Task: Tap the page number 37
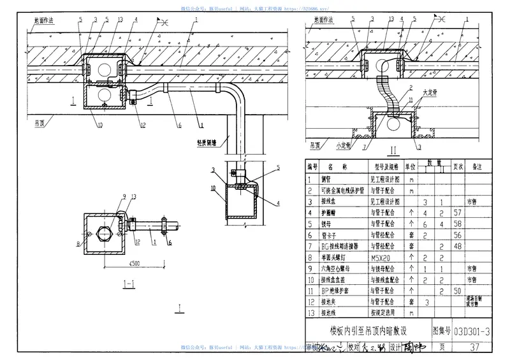coord(473,347)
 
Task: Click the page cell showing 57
coord(456,212)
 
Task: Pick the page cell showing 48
coord(456,247)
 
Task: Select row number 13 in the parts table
coord(311,313)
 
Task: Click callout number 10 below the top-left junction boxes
coord(99,125)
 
